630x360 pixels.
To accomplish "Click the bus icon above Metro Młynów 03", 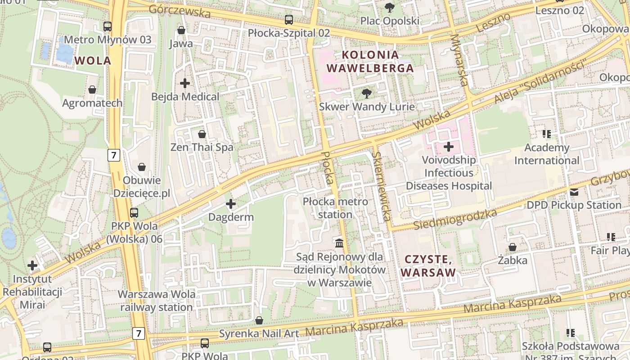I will [x=107, y=26].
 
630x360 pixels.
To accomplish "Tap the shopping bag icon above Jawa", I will [x=181, y=30].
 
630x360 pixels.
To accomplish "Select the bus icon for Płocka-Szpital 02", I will [x=289, y=20].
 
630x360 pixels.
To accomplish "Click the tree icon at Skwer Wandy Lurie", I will [x=367, y=94].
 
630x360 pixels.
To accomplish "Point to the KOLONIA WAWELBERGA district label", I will [x=370, y=62].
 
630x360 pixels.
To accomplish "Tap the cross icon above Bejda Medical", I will [x=185, y=83].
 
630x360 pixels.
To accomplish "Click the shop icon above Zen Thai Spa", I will [x=202, y=134].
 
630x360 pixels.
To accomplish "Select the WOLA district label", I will [x=93, y=61].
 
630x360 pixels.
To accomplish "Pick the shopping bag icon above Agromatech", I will [x=92, y=90].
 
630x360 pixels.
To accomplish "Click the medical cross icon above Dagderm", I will [x=231, y=204].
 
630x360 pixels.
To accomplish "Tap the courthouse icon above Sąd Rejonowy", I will [x=339, y=243].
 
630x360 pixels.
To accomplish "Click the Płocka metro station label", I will [x=335, y=208].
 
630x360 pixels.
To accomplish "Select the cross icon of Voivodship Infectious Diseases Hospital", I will [x=449, y=146].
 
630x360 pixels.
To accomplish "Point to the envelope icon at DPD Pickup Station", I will [x=574, y=192].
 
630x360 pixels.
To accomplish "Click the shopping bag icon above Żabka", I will [x=513, y=247].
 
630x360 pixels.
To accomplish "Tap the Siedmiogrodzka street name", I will [x=455, y=219].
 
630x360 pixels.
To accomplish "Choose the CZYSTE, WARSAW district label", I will [x=428, y=266].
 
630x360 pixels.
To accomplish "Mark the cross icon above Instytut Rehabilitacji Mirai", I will [x=32, y=265].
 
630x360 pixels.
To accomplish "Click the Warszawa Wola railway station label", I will [x=157, y=301].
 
